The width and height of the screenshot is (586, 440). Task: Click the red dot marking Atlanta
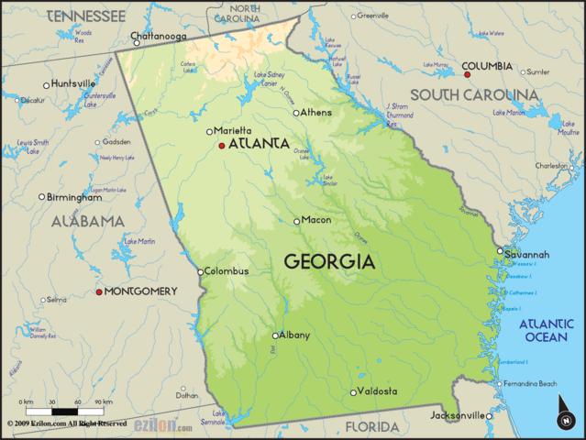[x=222, y=145]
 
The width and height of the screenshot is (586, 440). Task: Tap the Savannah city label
[x=527, y=254]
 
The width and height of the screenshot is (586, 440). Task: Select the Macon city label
[x=316, y=220]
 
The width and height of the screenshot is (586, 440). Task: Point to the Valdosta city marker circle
[x=353, y=392]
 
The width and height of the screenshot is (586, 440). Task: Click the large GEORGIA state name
[x=329, y=261]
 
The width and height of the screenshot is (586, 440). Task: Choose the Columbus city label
[x=227, y=271]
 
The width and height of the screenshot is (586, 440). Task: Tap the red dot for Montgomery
[x=100, y=291]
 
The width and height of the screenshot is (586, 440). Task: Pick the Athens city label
[x=317, y=113]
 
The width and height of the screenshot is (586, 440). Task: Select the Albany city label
[x=294, y=335]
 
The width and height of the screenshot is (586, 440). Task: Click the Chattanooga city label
[x=160, y=38]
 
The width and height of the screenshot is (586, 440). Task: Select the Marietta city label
[x=234, y=131]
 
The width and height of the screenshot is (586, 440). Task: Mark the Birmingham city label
[x=75, y=197]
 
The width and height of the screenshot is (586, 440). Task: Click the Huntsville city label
[x=74, y=83]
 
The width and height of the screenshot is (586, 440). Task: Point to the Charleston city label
[x=553, y=166]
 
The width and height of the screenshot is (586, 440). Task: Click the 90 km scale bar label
[x=104, y=402]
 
